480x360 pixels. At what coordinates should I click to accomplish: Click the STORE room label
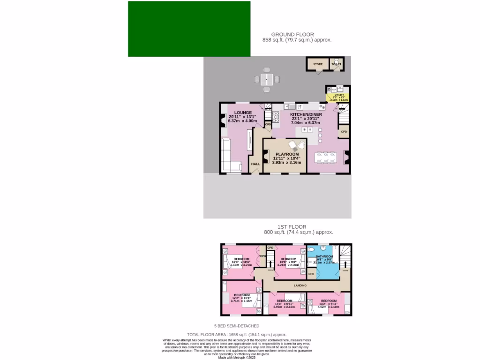pyautogui.click(x=318, y=64)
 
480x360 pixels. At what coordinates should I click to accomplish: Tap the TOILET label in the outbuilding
pyautogui.click(x=336, y=64)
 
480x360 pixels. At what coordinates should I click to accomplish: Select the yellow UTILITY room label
pyautogui.click(x=339, y=95)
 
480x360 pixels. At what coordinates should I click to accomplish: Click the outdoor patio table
pyautogui.click(x=267, y=78)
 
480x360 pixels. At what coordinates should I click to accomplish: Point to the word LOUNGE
pyautogui.click(x=243, y=112)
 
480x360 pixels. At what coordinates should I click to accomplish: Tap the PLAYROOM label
pyautogui.click(x=287, y=154)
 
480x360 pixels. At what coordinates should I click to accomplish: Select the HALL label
pyautogui.click(x=255, y=164)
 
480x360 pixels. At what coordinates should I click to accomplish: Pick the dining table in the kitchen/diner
pyautogui.click(x=325, y=158)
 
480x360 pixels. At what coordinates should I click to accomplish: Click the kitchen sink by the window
pyautogui.click(x=292, y=106)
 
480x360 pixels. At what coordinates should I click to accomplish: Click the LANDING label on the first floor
pyautogui.click(x=300, y=285)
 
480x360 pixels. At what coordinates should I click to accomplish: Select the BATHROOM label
pyautogui.click(x=324, y=257)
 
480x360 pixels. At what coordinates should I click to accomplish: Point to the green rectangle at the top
pyautogui.click(x=189, y=29)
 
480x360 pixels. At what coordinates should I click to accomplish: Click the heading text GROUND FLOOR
pyautogui.click(x=292, y=34)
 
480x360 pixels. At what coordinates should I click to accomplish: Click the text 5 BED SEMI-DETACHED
pyautogui.click(x=237, y=326)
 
